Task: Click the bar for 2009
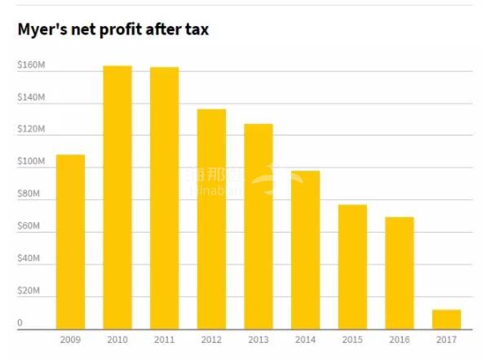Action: pyautogui.click(x=70, y=242)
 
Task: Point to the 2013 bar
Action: pyautogui.click(x=259, y=226)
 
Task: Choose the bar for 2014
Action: pyautogui.click(x=306, y=250)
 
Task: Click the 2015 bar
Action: pyautogui.click(x=352, y=267)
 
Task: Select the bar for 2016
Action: pyautogui.click(x=400, y=273)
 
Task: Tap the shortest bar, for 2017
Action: pyautogui.click(x=446, y=319)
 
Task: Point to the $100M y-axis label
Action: pyautogui.click(x=31, y=162)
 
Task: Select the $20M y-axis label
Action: pyautogui.click(x=29, y=291)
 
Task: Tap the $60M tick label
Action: pyautogui.click(x=29, y=226)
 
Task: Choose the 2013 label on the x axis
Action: pyautogui.click(x=259, y=339)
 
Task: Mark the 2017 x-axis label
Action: pyautogui.click(x=447, y=339)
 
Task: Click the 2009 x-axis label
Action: pyautogui.click(x=70, y=339)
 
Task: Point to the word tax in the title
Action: pyautogui.click(x=196, y=30)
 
